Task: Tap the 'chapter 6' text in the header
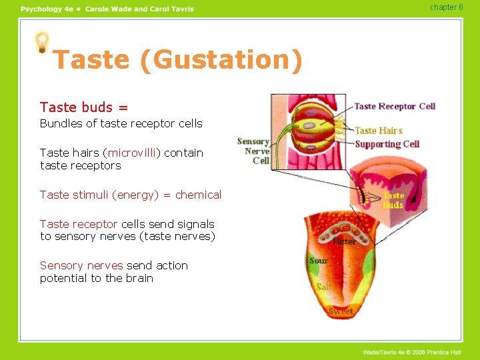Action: tap(446, 7)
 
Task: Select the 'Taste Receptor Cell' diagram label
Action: tap(394, 106)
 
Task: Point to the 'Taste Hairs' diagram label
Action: tap(379, 131)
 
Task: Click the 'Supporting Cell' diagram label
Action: tap(387, 144)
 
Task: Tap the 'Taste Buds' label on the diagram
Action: tap(393, 200)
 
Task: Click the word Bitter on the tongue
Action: tap(344, 241)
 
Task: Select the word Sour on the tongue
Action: tap(318, 260)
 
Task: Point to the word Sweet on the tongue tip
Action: tap(340, 311)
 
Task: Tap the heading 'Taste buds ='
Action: tap(84, 107)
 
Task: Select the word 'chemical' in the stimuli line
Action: tap(198, 195)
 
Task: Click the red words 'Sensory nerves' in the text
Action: tap(81, 265)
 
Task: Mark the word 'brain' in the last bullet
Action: tap(139, 278)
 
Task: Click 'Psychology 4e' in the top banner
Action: tap(45, 9)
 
